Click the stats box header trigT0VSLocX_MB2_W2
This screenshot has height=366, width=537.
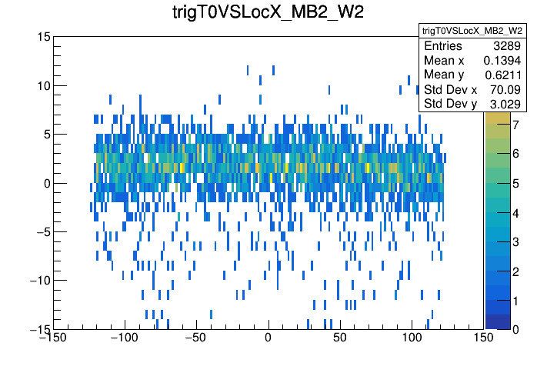pos(472,30)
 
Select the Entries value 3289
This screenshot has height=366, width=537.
pos(507,47)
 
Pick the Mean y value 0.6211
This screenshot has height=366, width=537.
pos(503,75)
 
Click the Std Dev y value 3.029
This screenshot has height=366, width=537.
pos(506,104)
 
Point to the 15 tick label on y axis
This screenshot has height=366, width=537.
pos(44,37)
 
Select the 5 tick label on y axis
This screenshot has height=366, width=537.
pos(47,134)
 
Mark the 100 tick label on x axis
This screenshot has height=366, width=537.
pos(412,338)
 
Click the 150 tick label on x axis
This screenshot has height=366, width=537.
pos(483,338)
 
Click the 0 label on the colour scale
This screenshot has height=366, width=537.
pos(515,329)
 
